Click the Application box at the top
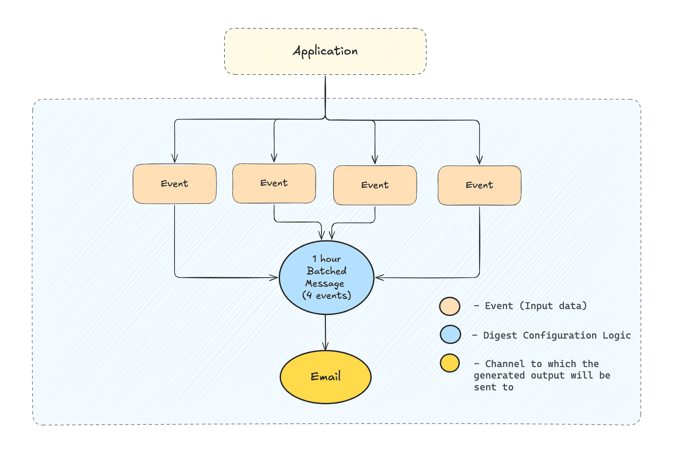325,51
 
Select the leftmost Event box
175,184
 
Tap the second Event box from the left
274,183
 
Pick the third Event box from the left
375,185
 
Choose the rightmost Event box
479,185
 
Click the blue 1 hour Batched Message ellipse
326,277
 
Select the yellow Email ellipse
326,377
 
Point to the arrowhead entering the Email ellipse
325,347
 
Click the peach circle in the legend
450,306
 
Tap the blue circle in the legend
450,335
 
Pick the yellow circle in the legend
450,363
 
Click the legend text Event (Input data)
536,306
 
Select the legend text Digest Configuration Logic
557,335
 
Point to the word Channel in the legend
505,364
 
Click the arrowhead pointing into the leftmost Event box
175,159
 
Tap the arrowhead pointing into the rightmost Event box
479,160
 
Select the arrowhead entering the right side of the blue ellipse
380,277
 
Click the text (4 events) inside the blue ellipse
327,296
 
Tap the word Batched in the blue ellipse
327,271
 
